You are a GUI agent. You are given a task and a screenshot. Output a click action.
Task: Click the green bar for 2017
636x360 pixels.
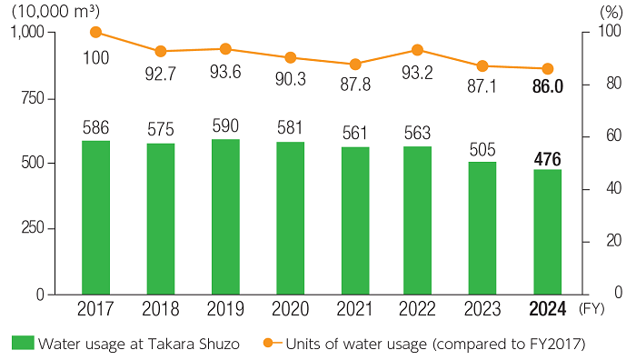95,217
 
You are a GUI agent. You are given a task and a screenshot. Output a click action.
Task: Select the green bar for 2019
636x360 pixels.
225,216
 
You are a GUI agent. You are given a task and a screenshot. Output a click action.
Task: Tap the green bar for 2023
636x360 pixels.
482,228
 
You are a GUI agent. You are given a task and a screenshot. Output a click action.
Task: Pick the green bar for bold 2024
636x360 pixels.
547,232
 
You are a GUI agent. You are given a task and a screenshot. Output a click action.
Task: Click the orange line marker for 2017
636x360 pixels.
95,33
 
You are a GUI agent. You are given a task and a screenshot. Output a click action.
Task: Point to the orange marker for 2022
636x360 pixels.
417,50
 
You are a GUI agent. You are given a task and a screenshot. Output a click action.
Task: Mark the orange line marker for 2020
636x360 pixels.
290,57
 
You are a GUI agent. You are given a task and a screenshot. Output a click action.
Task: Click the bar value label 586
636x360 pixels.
95,127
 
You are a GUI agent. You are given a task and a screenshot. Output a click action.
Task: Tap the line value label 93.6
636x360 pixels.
225,74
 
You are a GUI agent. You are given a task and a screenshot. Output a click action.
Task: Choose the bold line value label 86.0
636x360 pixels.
547,92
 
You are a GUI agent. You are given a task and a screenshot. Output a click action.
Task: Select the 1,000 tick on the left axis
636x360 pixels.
27,33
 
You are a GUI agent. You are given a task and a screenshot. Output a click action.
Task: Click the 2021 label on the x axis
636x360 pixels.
355,308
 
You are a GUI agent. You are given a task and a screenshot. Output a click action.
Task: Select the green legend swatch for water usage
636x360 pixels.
23,343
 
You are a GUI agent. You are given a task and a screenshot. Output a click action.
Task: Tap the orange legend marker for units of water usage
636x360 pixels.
269,343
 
